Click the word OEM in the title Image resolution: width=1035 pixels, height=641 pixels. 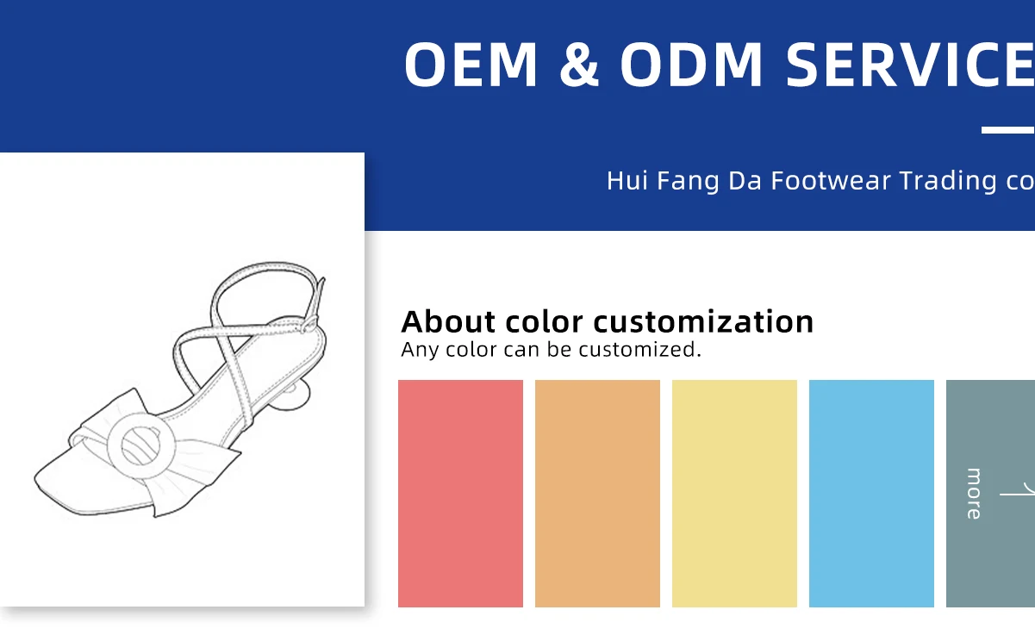(471, 64)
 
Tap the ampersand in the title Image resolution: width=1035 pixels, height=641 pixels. (579, 64)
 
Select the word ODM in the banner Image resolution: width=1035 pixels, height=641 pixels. (691, 64)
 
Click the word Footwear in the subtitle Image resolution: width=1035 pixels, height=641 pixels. (830, 180)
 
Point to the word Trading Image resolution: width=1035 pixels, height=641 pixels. (948, 181)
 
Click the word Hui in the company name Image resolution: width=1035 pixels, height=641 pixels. (627, 180)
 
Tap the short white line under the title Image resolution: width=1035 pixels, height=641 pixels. (1007, 130)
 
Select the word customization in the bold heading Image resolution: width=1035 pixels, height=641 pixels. (703, 321)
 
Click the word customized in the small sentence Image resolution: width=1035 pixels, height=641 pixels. (640, 350)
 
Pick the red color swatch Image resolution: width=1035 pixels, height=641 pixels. (461, 493)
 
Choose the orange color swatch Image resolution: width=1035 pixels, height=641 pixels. (597, 493)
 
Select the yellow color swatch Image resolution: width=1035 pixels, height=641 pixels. (734, 493)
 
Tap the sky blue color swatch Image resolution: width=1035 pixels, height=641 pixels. (871, 493)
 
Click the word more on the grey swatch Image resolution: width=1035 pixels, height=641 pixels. (974, 494)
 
